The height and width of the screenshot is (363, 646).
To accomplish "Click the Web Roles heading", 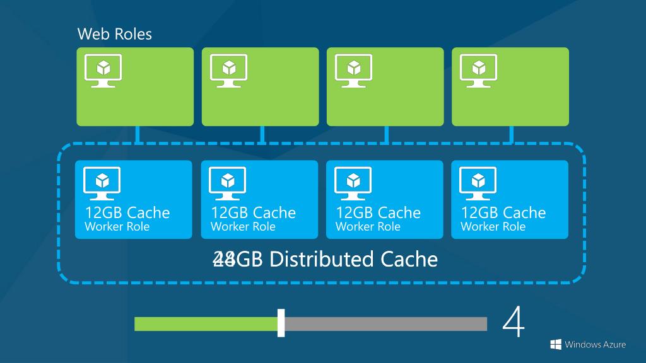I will click(x=114, y=33).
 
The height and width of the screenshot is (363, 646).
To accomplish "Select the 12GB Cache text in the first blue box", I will click(x=127, y=212).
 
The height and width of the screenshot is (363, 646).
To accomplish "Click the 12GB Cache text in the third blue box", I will click(x=378, y=212).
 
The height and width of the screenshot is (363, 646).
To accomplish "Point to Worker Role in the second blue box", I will click(x=243, y=227).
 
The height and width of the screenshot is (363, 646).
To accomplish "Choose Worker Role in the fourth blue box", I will click(x=493, y=227).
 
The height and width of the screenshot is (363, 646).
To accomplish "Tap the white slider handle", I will click(x=281, y=323).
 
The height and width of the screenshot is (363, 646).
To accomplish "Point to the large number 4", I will click(x=514, y=323).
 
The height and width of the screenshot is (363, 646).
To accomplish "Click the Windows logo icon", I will click(x=556, y=344).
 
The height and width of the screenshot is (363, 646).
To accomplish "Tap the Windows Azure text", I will click(x=596, y=344).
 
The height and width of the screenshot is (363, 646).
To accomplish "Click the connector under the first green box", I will click(x=137, y=134).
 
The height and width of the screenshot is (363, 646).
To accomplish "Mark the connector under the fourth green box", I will click(x=511, y=134).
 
